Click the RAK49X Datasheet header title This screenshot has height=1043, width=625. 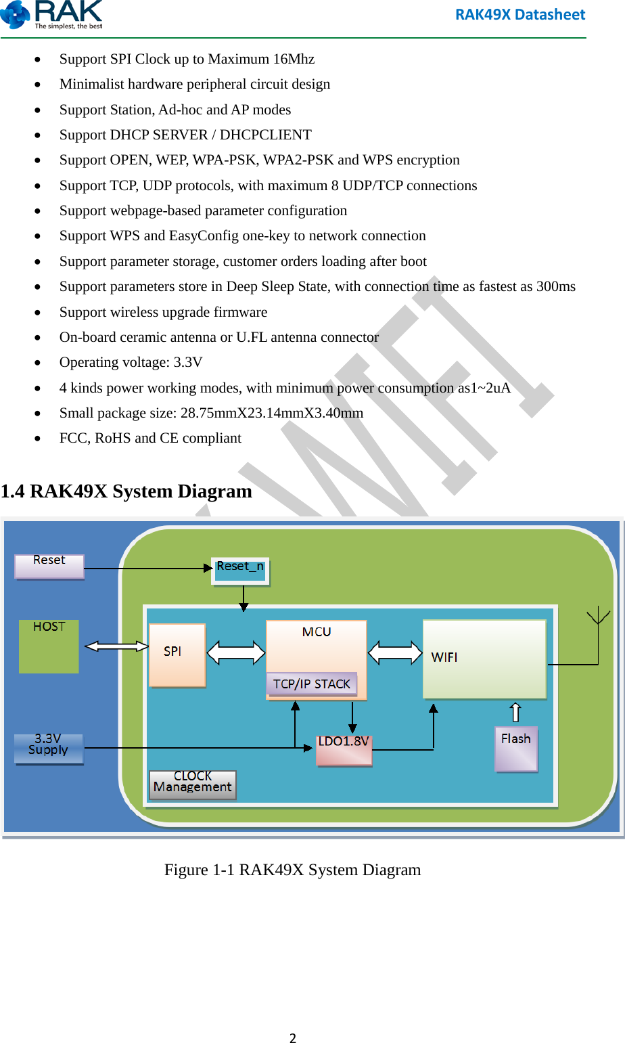click(519, 14)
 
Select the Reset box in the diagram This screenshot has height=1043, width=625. click(49, 566)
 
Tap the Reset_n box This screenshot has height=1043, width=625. click(240, 570)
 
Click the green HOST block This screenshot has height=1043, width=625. click(49, 646)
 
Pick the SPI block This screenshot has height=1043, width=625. click(177, 654)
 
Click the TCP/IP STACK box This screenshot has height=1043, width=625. click(311, 684)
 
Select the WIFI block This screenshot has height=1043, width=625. click(484, 659)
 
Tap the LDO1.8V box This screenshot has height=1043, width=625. click(344, 750)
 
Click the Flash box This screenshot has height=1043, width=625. click(516, 748)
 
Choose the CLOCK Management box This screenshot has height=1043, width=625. click(193, 784)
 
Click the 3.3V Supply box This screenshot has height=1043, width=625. click(49, 748)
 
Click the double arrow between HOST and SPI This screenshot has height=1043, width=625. click(116, 646)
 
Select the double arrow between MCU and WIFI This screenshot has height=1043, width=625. click(395, 652)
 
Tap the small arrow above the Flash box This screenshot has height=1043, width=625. click(515, 712)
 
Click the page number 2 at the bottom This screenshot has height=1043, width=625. click(293, 1038)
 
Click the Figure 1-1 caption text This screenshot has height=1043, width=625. click(292, 870)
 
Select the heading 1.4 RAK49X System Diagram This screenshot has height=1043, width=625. click(126, 491)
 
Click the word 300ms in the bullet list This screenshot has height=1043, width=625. click(555, 286)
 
